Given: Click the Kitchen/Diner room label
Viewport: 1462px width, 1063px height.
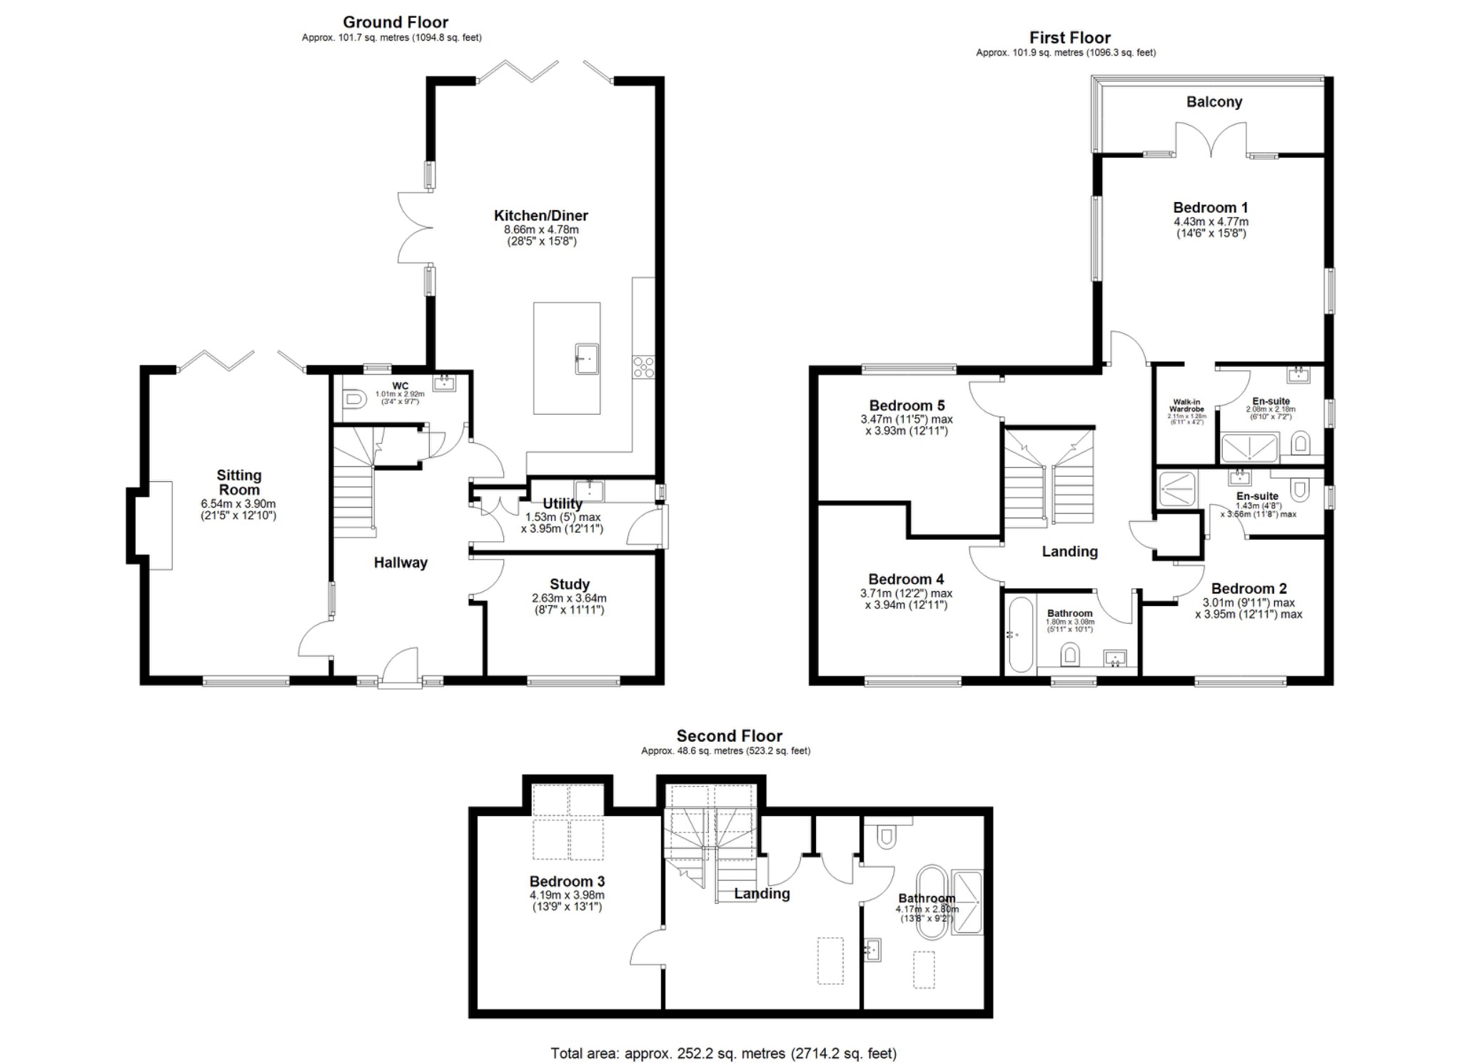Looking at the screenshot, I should pos(540,215).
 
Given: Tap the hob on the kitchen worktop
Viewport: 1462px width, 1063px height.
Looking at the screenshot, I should pos(642,367).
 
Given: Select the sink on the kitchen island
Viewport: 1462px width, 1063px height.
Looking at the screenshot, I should pos(588,358).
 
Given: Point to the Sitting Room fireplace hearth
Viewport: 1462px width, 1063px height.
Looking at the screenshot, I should pos(160,525).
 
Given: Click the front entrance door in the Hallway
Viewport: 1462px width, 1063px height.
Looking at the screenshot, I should pos(400,667).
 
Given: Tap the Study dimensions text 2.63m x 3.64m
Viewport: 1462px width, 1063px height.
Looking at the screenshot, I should pos(569,598).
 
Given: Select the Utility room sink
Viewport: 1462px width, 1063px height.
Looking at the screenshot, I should pos(591,490).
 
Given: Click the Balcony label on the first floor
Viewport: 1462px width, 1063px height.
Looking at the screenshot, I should pos(1214,101).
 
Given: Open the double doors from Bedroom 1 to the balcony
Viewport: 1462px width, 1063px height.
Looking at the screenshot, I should pos(1211,140).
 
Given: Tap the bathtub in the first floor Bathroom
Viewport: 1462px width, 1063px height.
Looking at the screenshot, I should pos(1019,635).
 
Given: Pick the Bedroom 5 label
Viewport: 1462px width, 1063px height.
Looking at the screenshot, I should pos(907,405).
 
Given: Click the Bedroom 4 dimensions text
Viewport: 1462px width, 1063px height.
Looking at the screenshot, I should pos(907,599).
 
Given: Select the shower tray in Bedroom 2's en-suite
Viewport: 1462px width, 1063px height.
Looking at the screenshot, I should pos(1176,489).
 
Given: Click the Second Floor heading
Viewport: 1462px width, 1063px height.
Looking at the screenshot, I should pos(729,735).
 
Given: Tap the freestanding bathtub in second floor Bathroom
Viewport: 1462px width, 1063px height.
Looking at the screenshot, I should pos(931,903).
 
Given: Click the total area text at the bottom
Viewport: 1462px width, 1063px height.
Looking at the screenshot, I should pos(723,1053).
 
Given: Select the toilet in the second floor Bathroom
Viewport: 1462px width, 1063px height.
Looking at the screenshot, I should pos(886,836).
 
